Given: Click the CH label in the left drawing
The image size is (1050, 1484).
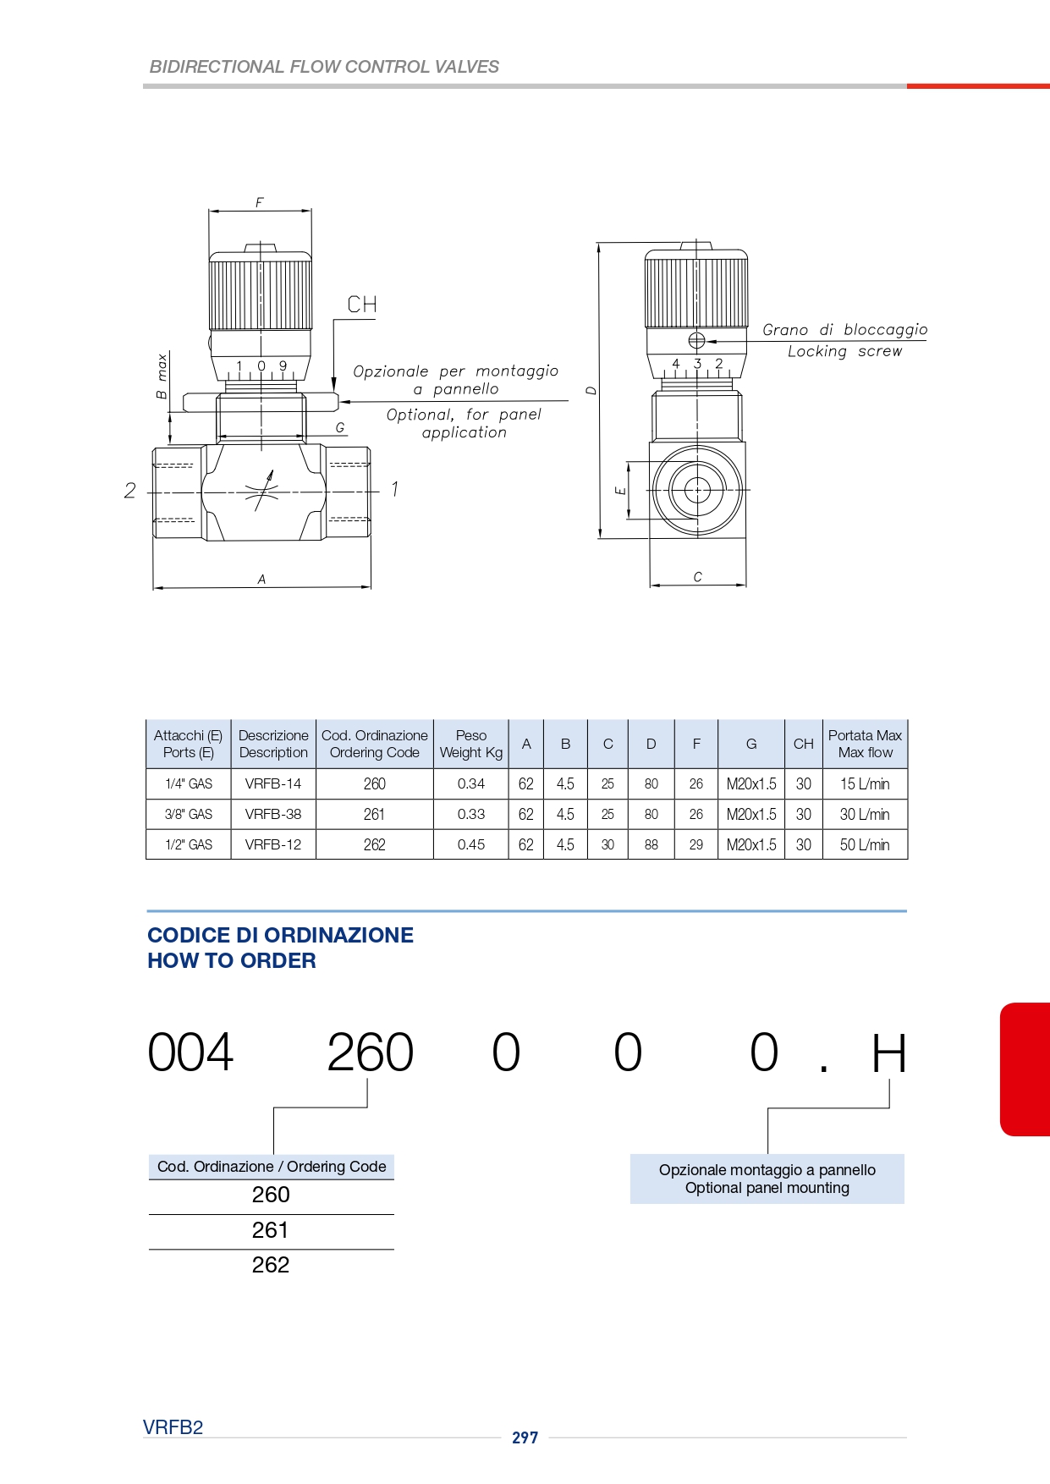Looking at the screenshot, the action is (x=362, y=305).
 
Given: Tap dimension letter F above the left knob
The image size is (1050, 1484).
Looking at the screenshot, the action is (x=260, y=203).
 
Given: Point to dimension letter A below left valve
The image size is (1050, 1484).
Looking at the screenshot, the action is (x=262, y=580).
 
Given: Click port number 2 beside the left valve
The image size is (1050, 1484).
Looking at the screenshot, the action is (x=129, y=490).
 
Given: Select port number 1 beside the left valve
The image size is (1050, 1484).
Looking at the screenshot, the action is (x=394, y=489).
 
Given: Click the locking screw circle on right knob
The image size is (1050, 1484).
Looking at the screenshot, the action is (x=696, y=341).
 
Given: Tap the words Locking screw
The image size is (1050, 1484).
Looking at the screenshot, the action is (x=844, y=351).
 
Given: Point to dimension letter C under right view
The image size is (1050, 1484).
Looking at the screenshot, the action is (x=698, y=577).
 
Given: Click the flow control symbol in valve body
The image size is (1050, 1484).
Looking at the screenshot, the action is (x=262, y=490).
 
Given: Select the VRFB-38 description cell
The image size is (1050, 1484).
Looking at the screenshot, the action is (x=273, y=814).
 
